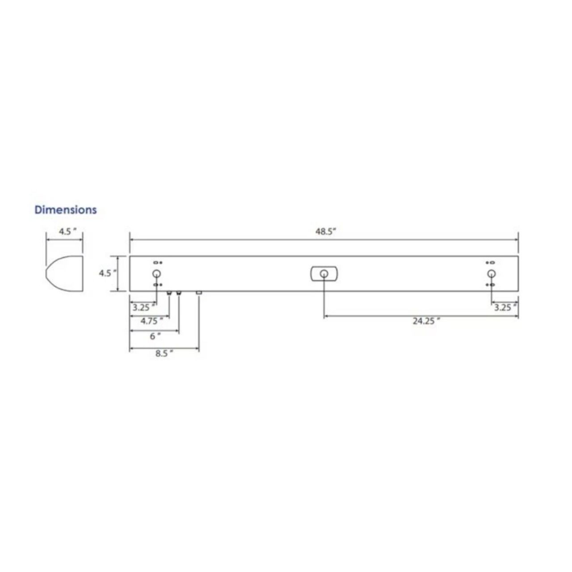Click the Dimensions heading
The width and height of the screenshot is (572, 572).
point(66,210)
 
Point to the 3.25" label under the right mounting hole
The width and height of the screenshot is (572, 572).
point(505,307)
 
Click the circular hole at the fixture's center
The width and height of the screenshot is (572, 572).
point(324,273)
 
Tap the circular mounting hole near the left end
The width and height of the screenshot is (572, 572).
point(156,273)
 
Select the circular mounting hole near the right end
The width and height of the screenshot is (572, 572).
point(491,273)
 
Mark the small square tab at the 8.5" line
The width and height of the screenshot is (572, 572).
point(199,293)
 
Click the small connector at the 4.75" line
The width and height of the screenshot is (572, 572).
point(169,293)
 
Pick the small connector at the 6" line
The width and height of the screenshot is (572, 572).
point(179,293)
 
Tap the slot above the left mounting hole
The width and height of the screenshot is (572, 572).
point(156,263)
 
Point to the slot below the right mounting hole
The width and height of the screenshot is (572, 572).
point(492,285)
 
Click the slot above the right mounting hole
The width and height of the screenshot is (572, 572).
point(492,263)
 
